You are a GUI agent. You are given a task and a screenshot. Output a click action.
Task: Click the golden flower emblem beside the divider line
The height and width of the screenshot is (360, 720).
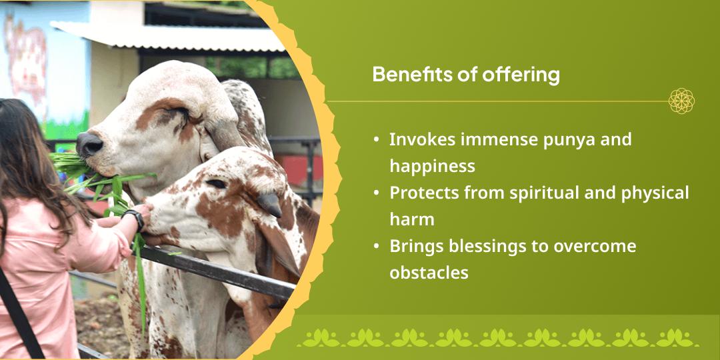[681, 101]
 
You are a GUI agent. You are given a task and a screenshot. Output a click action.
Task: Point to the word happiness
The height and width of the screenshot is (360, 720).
[432, 166]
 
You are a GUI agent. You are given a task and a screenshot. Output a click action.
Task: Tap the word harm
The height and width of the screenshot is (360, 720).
[412, 219]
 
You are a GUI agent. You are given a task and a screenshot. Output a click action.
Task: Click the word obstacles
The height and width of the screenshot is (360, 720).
[429, 272]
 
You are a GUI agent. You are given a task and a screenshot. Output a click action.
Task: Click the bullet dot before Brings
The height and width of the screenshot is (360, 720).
[377, 246]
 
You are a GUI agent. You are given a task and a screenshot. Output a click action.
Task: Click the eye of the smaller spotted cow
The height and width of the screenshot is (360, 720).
[216, 184]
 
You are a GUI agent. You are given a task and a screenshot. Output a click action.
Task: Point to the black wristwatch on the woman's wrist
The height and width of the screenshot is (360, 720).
[133, 219]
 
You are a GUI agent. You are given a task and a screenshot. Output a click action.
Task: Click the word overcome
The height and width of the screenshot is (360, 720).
[595, 247]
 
